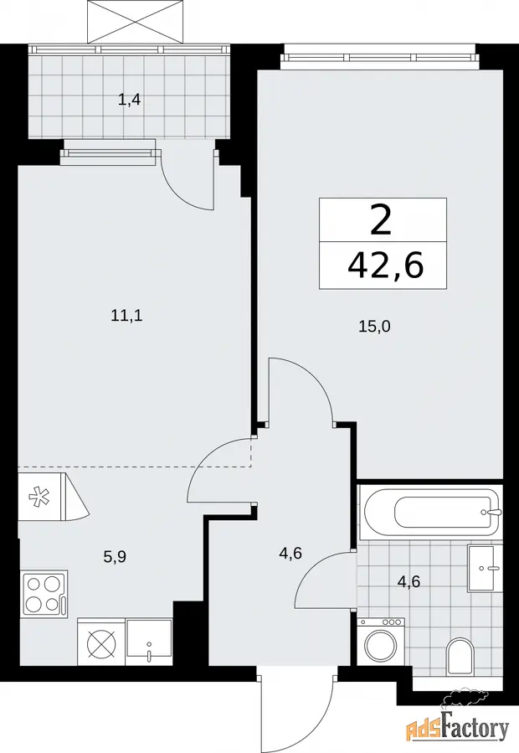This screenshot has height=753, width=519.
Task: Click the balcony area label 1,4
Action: pyautogui.click(x=129, y=101)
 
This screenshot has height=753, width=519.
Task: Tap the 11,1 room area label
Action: pyautogui.click(x=126, y=316)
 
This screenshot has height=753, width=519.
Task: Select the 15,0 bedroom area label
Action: pyautogui.click(x=374, y=327)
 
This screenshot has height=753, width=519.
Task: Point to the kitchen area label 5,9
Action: pyautogui.click(x=115, y=557)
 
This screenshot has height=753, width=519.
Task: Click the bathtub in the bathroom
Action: pyautogui.click(x=432, y=513)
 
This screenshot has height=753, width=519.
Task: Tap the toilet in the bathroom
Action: pyautogui.click(x=460, y=656)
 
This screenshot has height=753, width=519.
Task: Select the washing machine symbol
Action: pyautogui.click(x=381, y=642)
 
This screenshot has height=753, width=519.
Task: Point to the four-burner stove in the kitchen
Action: pyautogui.click(x=44, y=594)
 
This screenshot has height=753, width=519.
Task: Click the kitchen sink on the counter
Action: pyautogui.click(x=149, y=642)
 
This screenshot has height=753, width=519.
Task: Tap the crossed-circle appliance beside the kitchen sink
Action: pyautogui.click(x=101, y=642)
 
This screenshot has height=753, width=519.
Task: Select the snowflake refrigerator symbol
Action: pyautogui.click(x=37, y=497)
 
